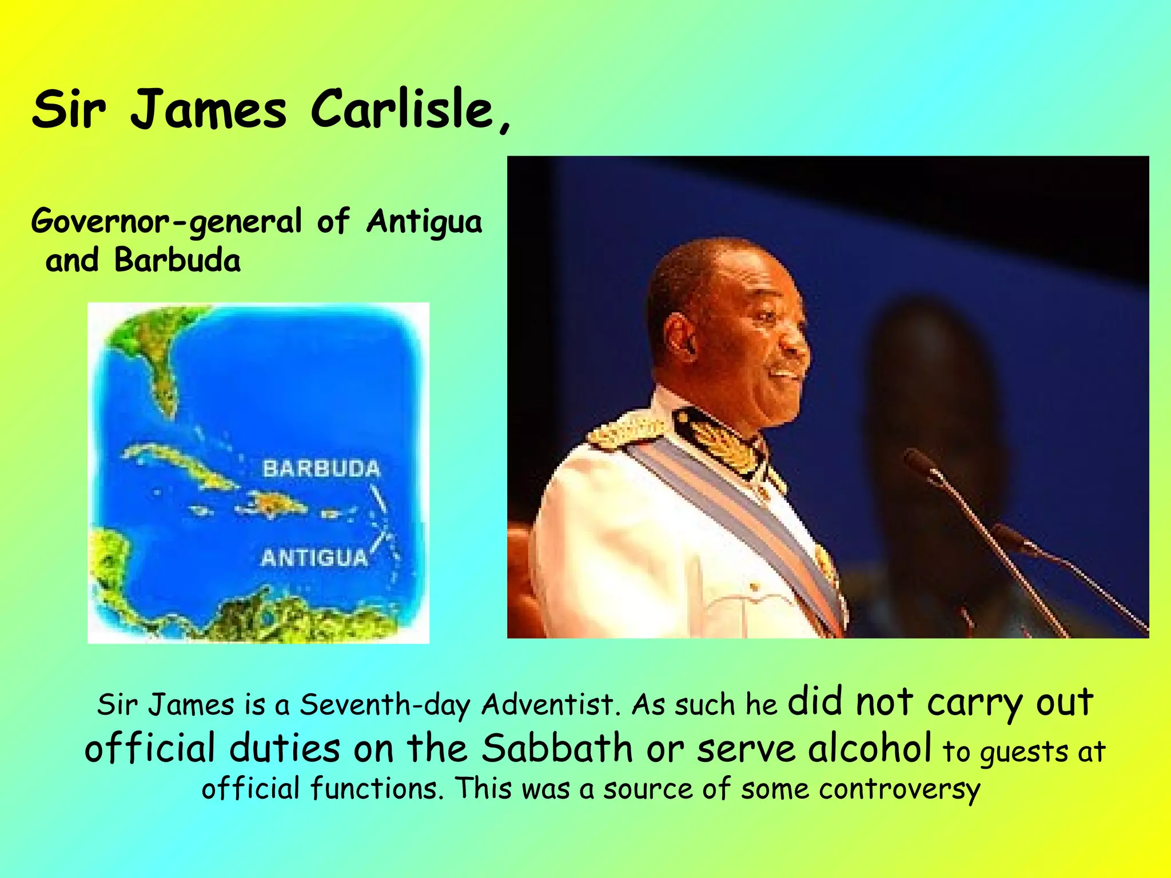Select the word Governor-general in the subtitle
pyautogui.click(x=166, y=222)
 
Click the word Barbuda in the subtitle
pyautogui.click(x=177, y=261)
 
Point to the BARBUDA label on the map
pyautogui.click(x=321, y=469)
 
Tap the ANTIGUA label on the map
pyautogui.click(x=314, y=557)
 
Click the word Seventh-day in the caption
pyautogui.click(x=384, y=704)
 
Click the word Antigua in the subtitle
pyautogui.click(x=424, y=222)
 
